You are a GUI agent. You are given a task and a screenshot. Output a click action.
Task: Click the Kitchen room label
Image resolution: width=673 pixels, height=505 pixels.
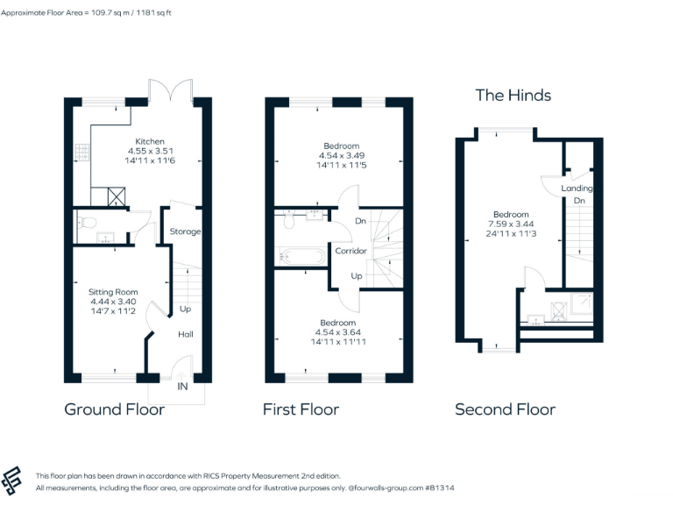[149, 141]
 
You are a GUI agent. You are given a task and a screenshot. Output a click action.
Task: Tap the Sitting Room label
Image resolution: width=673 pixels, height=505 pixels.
[113, 292]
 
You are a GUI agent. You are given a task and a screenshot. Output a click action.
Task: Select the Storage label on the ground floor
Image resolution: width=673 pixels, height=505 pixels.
[185, 231]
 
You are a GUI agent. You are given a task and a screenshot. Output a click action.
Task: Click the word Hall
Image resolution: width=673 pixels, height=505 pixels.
[186, 334]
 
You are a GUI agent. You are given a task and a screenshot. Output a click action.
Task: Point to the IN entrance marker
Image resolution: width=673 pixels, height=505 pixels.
[182, 386]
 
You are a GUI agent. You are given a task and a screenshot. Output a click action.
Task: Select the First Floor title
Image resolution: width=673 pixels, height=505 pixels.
[301, 409]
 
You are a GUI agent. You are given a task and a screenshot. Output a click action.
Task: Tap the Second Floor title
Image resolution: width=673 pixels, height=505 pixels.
[505, 409]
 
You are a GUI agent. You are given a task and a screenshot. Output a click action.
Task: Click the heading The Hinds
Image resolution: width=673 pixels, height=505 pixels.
[513, 96]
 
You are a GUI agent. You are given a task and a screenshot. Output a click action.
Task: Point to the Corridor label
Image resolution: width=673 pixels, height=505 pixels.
[351, 251]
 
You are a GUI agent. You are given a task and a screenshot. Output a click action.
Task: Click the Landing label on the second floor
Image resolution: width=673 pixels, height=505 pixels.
[577, 188]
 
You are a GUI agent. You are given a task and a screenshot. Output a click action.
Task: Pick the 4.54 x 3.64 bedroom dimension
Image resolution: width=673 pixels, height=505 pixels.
[338, 331]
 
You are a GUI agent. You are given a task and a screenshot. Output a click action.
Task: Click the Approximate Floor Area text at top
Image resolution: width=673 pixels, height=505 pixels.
[98, 13]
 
